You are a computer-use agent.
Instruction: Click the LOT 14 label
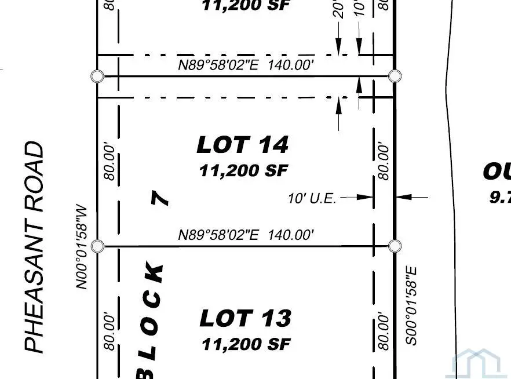tap(242, 145)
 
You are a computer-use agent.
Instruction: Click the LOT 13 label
tap(245, 319)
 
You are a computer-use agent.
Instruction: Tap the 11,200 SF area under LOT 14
tap(243, 171)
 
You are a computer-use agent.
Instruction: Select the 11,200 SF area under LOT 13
tap(246, 344)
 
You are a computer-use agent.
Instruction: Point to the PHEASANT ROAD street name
tap(35, 247)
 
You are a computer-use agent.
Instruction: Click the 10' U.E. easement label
tap(312, 198)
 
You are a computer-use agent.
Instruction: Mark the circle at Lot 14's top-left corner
tap(97, 76)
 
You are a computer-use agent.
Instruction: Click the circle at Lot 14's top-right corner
tap(395, 76)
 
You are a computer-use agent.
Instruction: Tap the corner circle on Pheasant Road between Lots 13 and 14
tap(97, 246)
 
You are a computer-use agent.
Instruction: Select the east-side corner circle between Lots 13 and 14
tap(395, 246)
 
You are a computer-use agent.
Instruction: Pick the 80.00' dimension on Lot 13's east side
tap(383, 332)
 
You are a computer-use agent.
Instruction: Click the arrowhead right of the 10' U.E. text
tap(367, 198)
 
